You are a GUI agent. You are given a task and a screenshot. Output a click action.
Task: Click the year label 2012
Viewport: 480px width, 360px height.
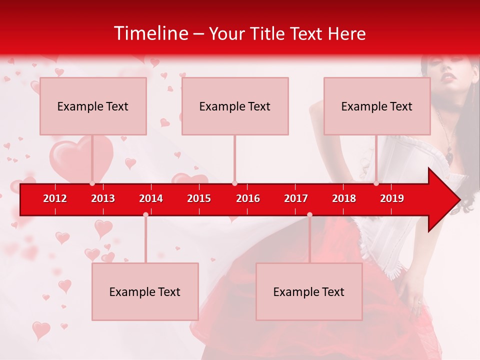(55, 198)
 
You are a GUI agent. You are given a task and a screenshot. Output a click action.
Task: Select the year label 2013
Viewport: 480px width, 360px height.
(103, 198)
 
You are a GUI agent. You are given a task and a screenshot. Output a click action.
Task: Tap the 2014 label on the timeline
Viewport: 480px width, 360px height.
(151, 198)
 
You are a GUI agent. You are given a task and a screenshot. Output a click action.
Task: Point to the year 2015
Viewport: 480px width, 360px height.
(199, 198)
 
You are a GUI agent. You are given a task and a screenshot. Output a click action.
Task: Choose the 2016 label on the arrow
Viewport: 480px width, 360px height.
(248, 198)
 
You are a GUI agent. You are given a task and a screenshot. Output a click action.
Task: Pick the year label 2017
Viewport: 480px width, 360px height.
(296, 198)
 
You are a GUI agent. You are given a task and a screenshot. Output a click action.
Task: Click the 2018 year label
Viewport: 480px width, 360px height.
(344, 198)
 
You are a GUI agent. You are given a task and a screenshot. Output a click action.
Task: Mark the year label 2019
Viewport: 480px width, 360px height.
(392, 198)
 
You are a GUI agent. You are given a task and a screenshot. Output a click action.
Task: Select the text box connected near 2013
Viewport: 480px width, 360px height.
(93, 106)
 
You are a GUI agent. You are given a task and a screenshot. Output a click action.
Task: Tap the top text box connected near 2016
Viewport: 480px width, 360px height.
(235, 106)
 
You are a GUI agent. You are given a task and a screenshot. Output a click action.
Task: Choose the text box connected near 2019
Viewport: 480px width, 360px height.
(377, 106)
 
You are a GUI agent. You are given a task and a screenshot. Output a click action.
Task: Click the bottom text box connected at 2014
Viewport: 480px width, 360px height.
(145, 291)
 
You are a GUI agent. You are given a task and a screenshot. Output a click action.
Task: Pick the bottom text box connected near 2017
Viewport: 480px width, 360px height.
(309, 291)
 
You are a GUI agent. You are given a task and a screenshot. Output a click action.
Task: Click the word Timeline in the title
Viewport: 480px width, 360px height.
(150, 33)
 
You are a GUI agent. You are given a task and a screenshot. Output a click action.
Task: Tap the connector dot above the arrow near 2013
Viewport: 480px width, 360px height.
(92, 183)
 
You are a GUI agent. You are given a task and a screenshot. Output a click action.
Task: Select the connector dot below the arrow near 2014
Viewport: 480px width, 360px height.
(145, 214)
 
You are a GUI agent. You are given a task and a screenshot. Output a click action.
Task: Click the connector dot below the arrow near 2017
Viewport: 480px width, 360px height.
(309, 214)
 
